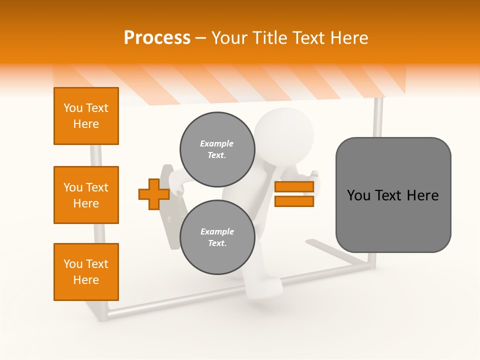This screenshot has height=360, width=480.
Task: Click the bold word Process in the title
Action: [x=157, y=38]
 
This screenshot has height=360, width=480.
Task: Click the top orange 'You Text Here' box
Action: [x=86, y=116]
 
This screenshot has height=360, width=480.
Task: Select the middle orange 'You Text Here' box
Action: [x=86, y=195]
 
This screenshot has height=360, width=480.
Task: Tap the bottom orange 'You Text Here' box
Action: [x=86, y=272]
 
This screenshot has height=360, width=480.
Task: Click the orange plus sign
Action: [x=153, y=194]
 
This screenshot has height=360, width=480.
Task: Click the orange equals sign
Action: [x=294, y=194]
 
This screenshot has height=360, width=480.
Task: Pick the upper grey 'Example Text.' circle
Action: [x=217, y=149]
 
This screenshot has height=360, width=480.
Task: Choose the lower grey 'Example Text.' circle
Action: [x=217, y=237]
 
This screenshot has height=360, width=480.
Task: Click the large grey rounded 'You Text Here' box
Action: [x=393, y=195]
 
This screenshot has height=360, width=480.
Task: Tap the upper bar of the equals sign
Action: [x=294, y=187]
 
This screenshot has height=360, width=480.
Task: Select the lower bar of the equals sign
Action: [x=294, y=201]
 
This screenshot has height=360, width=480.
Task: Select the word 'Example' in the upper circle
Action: [x=216, y=143]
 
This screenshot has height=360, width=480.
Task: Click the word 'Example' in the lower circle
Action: [x=217, y=231]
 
